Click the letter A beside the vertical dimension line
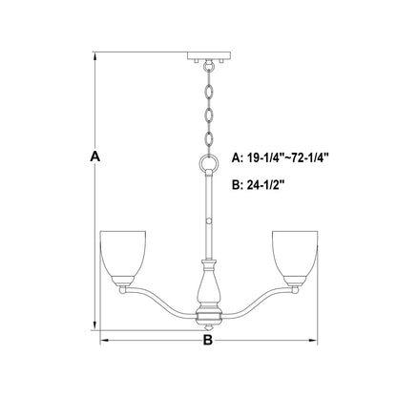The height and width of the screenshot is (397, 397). (94, 157)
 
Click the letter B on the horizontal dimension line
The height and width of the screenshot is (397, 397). (207, 341)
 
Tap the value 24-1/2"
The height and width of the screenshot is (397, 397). (264, 185)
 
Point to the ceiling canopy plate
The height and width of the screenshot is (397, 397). (209, 55)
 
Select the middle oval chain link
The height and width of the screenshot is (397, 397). (209, 116)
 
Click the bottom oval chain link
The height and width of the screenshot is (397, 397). (209, 139)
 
